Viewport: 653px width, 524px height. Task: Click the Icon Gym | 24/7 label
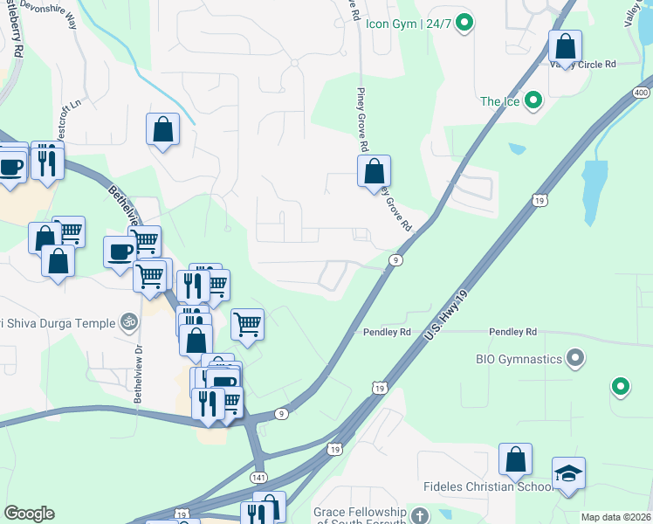408,24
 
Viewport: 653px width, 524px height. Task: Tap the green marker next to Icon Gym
465,24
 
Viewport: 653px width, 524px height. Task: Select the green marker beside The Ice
530,101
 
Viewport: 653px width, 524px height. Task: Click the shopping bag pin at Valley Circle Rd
565,46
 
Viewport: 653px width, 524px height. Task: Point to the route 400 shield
642,92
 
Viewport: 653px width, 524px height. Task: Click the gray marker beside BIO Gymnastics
574,358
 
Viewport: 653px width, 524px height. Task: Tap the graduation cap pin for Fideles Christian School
568,474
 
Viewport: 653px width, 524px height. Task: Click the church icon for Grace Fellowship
420,514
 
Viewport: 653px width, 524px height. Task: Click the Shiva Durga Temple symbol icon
129,322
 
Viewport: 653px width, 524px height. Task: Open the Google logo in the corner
29,513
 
